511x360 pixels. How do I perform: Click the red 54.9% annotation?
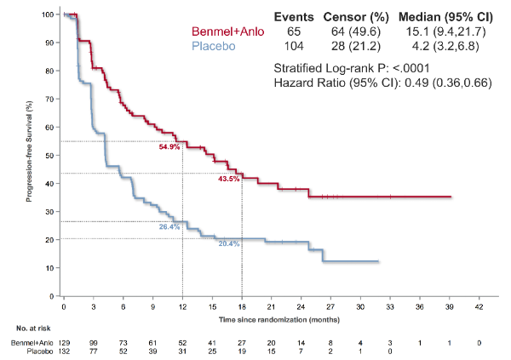(x=169, y=147)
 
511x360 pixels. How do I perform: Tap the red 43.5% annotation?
(x=228, y=179)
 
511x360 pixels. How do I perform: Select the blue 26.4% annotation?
(x=169, y=227)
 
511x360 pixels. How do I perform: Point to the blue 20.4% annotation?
(x=228, y=243)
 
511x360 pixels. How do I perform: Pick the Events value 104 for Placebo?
(x=294, y=46)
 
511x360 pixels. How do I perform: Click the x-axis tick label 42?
(x=479, y=305)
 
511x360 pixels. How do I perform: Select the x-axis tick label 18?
(x=242, y=305)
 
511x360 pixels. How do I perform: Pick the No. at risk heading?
(x=26, y=328)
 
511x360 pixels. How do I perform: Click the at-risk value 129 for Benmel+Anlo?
(x=64, y=341)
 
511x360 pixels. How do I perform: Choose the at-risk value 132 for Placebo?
(x=64, y=351)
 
